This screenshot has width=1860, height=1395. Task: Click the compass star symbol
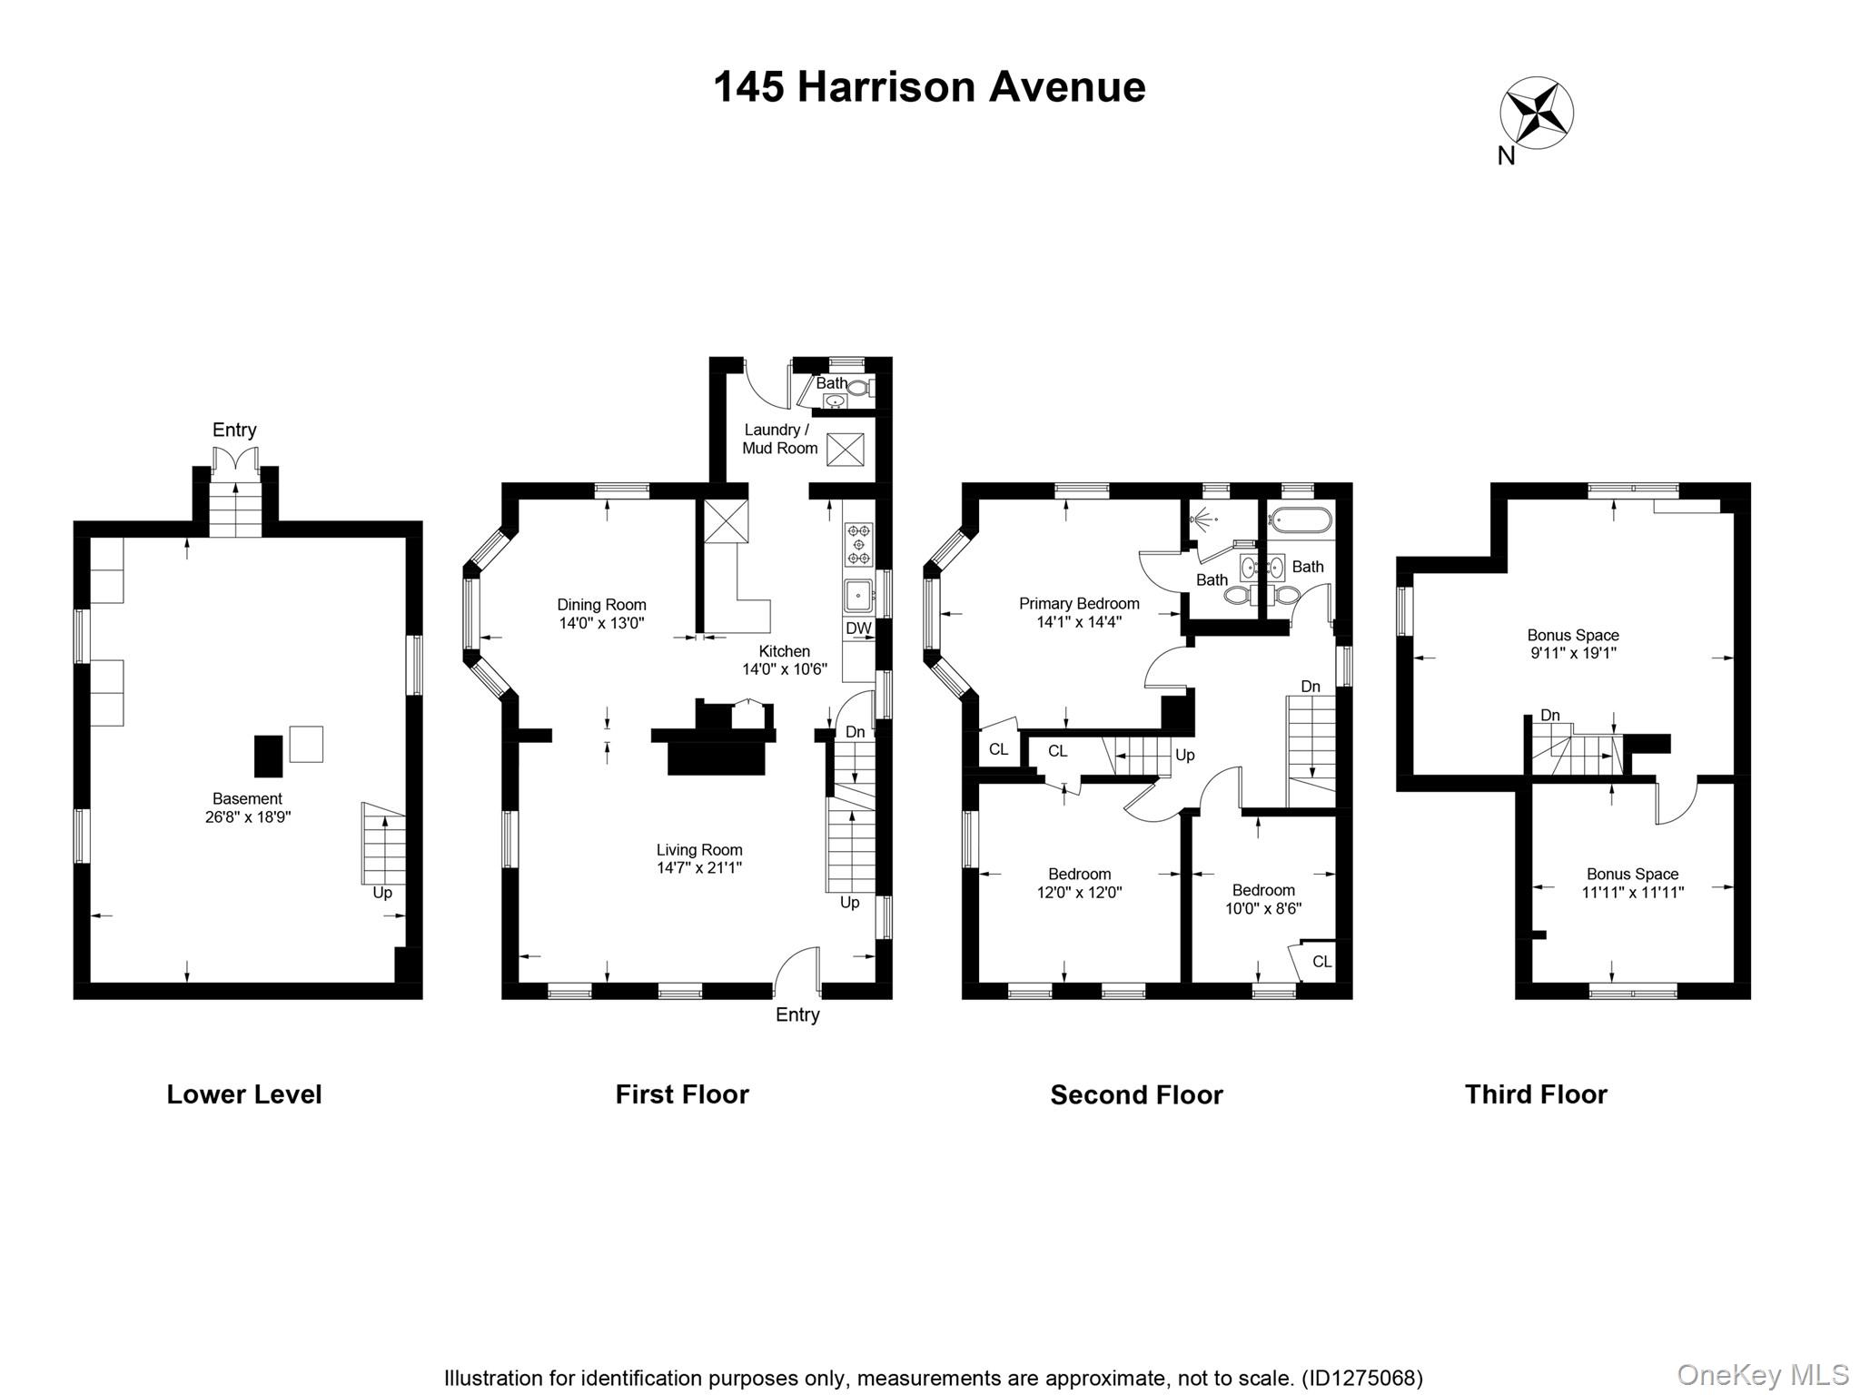(1536, 114)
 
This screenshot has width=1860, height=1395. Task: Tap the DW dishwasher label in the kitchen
(858, 628)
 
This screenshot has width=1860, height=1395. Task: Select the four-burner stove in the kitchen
(858, 543)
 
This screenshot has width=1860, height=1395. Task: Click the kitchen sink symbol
(857, 596)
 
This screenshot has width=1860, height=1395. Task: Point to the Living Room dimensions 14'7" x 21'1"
(698, 868)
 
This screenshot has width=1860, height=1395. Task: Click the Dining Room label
(601, 605)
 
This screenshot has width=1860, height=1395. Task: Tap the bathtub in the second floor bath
(1301, 520)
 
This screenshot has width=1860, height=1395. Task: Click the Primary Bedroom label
(1078, 604)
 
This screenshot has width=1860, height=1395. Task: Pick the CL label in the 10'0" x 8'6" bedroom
(1321, 962)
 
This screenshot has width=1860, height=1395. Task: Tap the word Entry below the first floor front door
(797, 1015)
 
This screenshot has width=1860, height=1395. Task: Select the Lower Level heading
(243, 1094)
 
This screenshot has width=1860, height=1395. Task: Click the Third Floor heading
(1535, 1094)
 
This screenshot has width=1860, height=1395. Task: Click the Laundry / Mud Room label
(778, 439)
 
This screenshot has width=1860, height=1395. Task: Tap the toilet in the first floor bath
(858, 389)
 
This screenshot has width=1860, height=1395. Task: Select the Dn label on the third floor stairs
(1549, 716)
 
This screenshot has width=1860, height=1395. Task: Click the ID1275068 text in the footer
(1361, 1378)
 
